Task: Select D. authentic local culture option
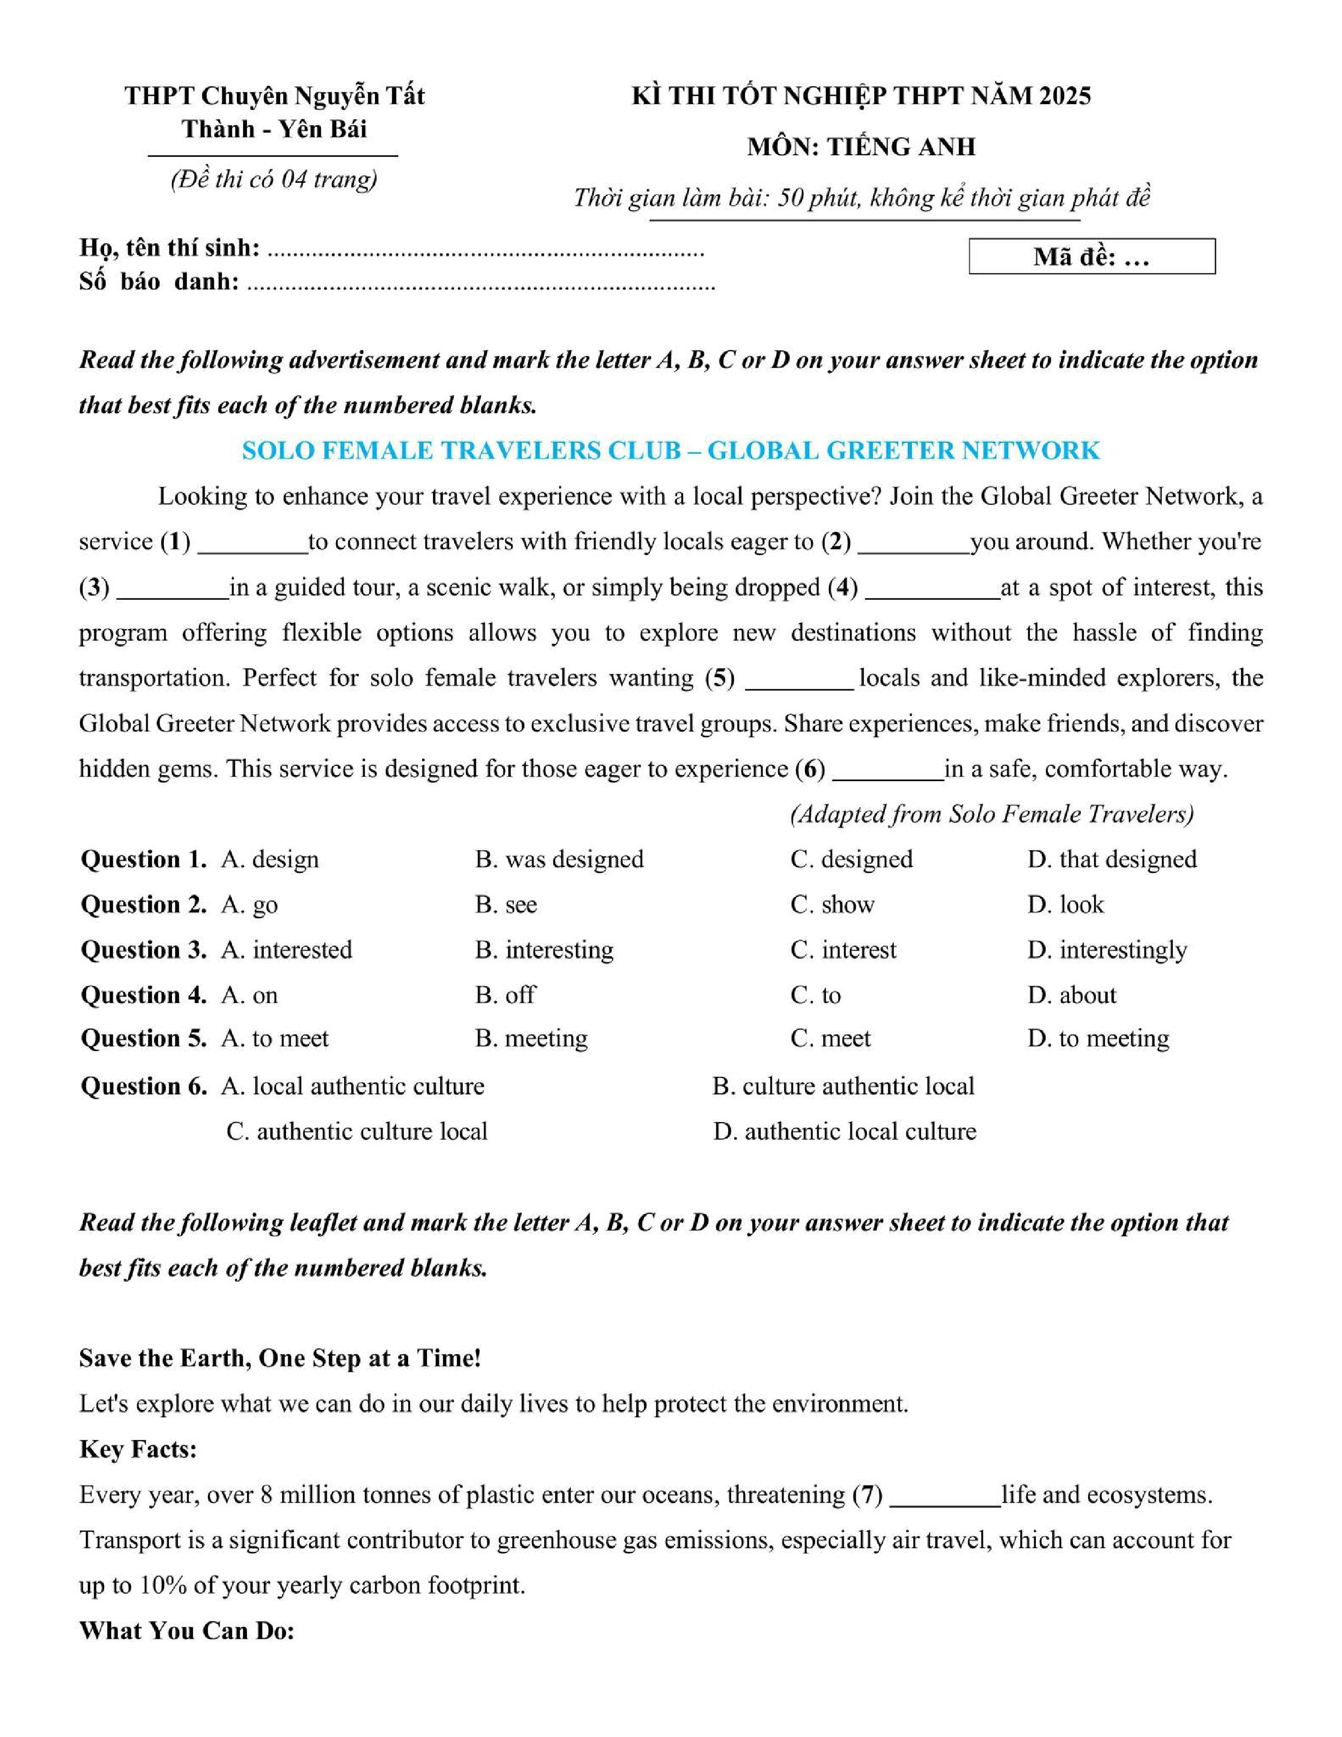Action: tap(844, 1131)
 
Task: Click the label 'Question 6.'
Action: tap(143, 1086)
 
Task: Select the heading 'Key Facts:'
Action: tap(137, 1449)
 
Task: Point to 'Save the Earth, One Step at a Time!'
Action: tap(280, 1359)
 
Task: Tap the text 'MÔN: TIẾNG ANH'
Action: tap(861, 147)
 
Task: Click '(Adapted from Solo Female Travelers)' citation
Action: tap(991, 814)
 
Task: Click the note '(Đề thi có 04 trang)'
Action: tap(274, 180)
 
